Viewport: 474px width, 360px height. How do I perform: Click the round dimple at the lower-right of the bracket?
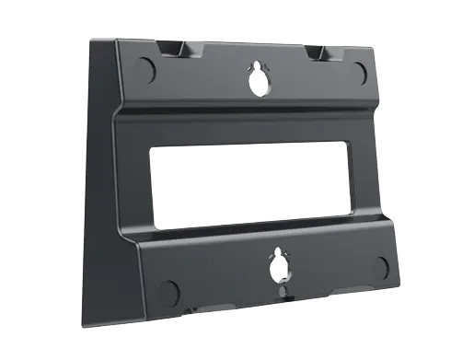pos(382,270)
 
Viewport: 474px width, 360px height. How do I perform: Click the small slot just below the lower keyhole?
pos(279,293)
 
